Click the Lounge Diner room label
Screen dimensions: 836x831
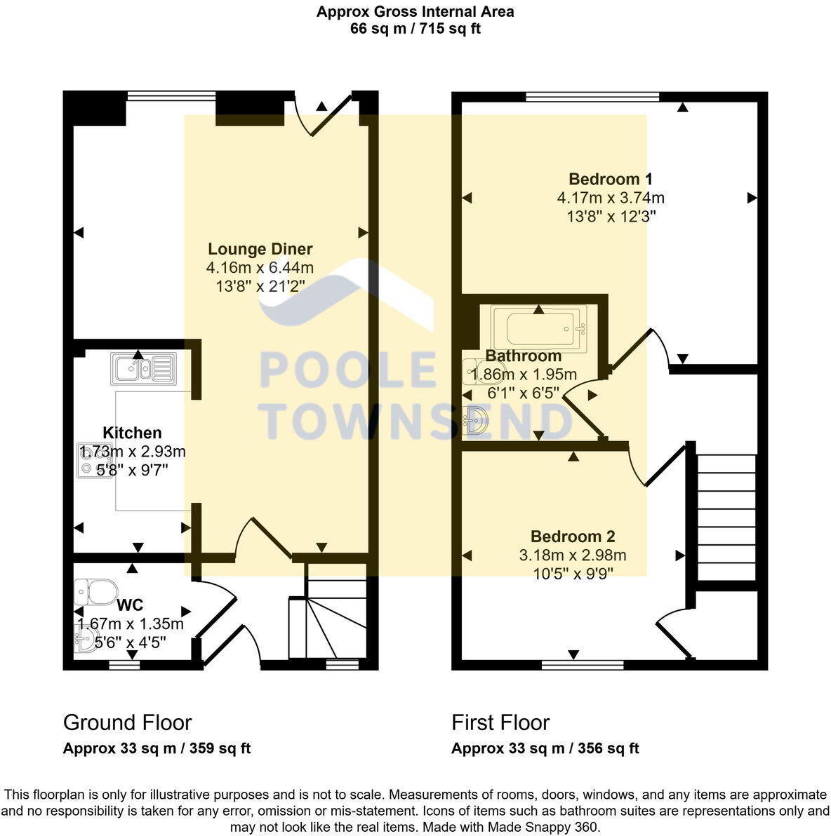click(x=260, y=249)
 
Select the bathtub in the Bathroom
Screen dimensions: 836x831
click(x=538, y=328)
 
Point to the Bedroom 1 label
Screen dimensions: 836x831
click(x=611, y=179)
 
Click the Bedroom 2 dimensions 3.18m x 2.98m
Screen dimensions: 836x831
click(x=573, y=555)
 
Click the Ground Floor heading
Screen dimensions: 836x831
click(x=127, y=722)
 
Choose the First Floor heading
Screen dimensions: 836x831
click(x=500, y=722)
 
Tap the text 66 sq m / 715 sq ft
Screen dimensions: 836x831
click(x=415, y=29)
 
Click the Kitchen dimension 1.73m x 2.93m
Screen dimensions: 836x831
click(x=132, y=451)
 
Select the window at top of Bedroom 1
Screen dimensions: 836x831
click(x=592, y=97)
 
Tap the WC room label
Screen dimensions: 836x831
click(x=131, y=605)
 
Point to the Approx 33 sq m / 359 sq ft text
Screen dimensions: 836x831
click(x=157, y=748)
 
